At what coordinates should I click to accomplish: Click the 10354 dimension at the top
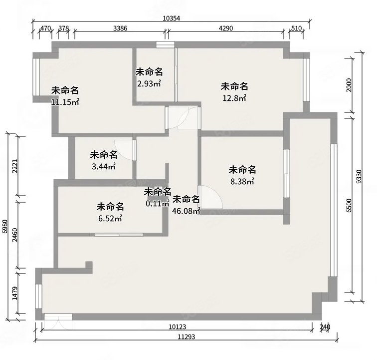[x=171, y=18]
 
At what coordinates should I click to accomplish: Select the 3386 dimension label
[x=120, y=28]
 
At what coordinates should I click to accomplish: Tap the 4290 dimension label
[x=226, y=28]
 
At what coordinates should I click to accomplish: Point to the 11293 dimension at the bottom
[x=187, y=337]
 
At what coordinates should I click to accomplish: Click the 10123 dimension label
[x=178, y=327]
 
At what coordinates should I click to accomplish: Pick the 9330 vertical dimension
[x=359, y=177]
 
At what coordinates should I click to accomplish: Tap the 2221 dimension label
[x=15, y=166]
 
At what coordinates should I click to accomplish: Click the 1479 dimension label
[x=15, y=293]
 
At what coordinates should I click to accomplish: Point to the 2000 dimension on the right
[x=349, y=85]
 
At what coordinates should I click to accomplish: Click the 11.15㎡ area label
[x=65, y=102]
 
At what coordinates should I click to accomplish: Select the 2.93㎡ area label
[x=149, y=83]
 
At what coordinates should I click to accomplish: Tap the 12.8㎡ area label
[x=234, y=98]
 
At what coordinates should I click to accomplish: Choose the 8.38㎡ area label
[x=242, y=181]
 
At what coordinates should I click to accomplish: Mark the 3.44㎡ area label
[x=104, y=166]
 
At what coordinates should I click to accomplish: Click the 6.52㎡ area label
[x=110, y=218]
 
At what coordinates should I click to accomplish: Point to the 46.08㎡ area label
[x=187, y=211]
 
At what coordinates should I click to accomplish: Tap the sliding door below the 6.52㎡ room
[x=119, y=235]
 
